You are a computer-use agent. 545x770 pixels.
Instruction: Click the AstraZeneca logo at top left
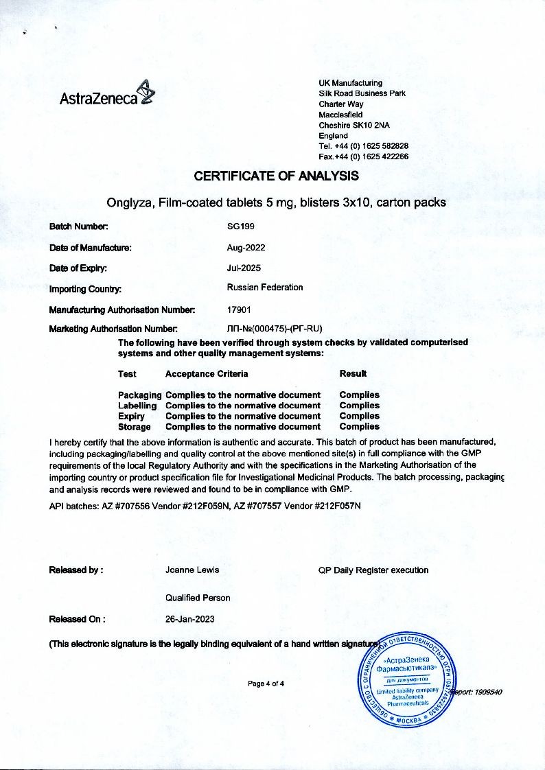coord(107,96)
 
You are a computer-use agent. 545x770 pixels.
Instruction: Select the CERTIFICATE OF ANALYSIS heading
coord(276,176)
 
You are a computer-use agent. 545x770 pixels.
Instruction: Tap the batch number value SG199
coord(241,226)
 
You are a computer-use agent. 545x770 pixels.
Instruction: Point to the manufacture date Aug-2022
coord(246,248)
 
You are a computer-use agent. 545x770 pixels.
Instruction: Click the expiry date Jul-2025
coord(244,268)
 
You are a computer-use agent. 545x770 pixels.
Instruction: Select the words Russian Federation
coord(264,288)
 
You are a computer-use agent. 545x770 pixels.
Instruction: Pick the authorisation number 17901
coord(239,310)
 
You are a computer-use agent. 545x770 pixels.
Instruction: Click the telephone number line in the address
coord(364,146)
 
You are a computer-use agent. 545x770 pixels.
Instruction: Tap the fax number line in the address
coord(364,156)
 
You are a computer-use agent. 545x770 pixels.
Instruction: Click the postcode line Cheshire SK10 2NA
coord(354,126)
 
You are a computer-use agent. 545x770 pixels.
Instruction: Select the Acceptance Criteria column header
coord(207,374)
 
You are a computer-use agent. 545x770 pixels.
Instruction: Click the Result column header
coord(353,373)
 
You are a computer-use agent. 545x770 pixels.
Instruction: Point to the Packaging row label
coord(139,395)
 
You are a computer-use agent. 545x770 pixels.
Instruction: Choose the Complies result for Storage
coord(359,427)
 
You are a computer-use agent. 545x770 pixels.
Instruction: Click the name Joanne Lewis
coord(192,570)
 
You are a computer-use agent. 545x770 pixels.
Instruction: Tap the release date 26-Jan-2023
coord(190,619)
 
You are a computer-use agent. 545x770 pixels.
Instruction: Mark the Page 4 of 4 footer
coord(266,684)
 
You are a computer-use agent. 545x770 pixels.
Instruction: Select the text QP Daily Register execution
coord(373,570)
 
